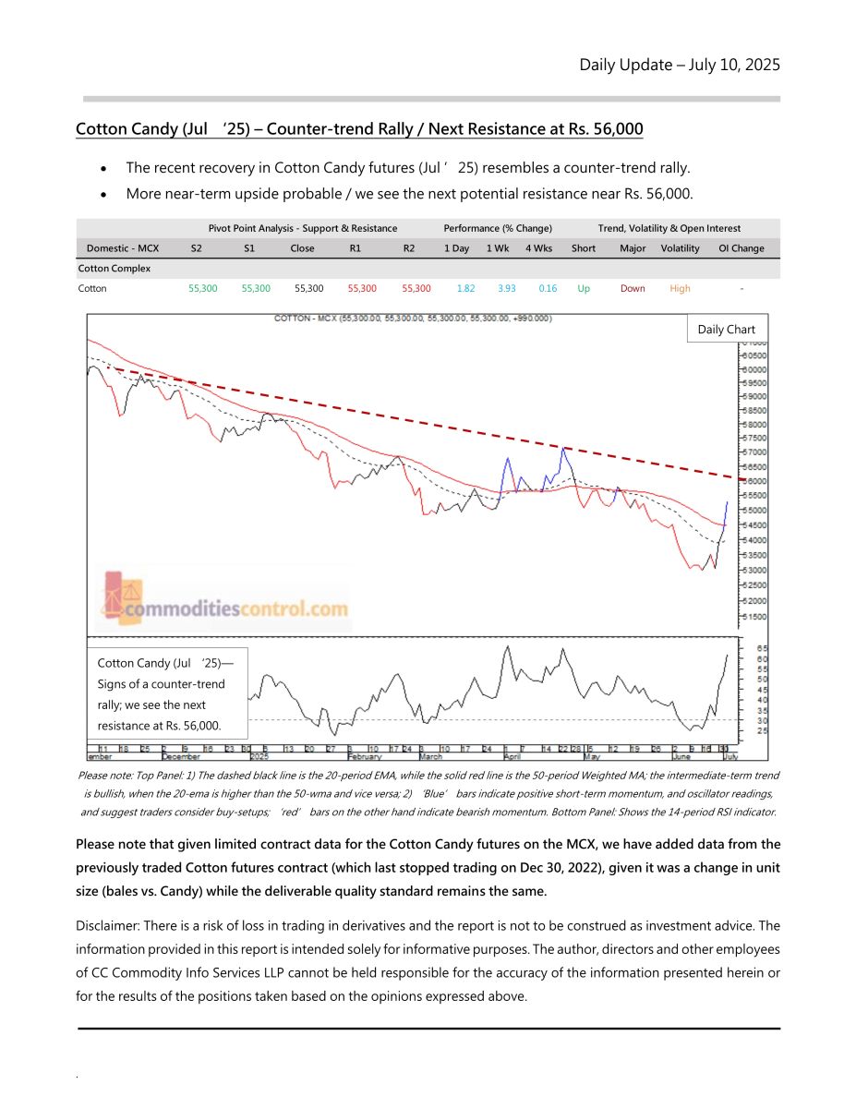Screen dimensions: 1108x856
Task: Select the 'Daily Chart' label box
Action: pyautogui.click(x=726, y=330)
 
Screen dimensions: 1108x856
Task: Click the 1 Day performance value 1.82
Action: pyautogui.click(x=465, y=289)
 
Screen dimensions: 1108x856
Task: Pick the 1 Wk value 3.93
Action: pyautogui.click(x=506, y=289)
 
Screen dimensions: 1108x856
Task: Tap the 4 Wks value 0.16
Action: pyautogui.click(x=548, y=289)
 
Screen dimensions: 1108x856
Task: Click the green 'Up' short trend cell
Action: pyautogui.click(x=584, y=289)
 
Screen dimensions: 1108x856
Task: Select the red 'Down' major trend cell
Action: pyautogui.click(x=633, y=289)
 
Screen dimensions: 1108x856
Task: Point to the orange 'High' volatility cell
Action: pyautogui.click(x=680, y=289)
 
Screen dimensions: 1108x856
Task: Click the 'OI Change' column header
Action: pyautogui.click(x=741, y=248)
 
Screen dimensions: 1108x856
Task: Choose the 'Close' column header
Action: pyautogui.click(x=302, y=248)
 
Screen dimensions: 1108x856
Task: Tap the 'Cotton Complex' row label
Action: pyautogui.click(x=114, y=269)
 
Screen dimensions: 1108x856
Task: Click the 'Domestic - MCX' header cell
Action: pyautogui.click(x=123, y=248)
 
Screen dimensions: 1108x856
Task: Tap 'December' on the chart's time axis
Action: pyautogui.click(x=180, y=756)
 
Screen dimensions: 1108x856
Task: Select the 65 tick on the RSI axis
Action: pyautogui.click(x=762, y=648)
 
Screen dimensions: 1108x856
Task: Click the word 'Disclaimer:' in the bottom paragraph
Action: pyautogui.click(x=108, y=926)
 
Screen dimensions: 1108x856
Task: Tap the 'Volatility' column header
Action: pyautogui.click(x=680, y=248)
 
